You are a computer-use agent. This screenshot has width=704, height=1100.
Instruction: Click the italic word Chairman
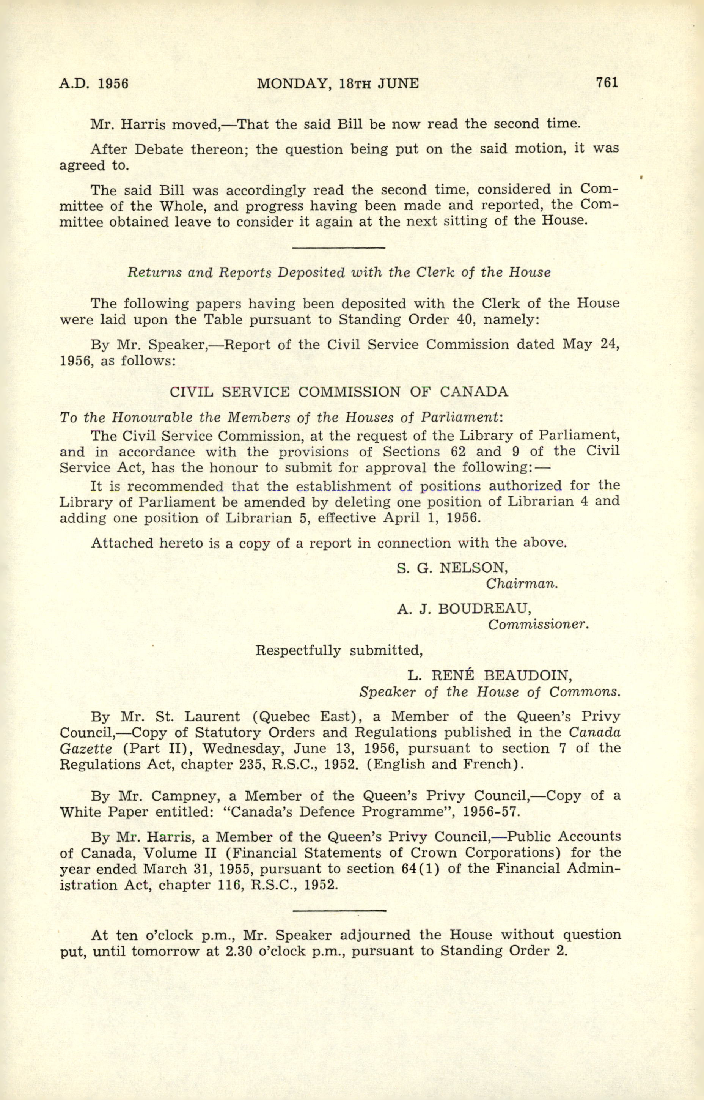tap(522, 584)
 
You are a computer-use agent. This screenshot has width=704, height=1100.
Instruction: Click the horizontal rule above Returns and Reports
tap(338, 248)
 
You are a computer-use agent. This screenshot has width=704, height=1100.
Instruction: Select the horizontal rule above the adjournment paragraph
tap(338, 911)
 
